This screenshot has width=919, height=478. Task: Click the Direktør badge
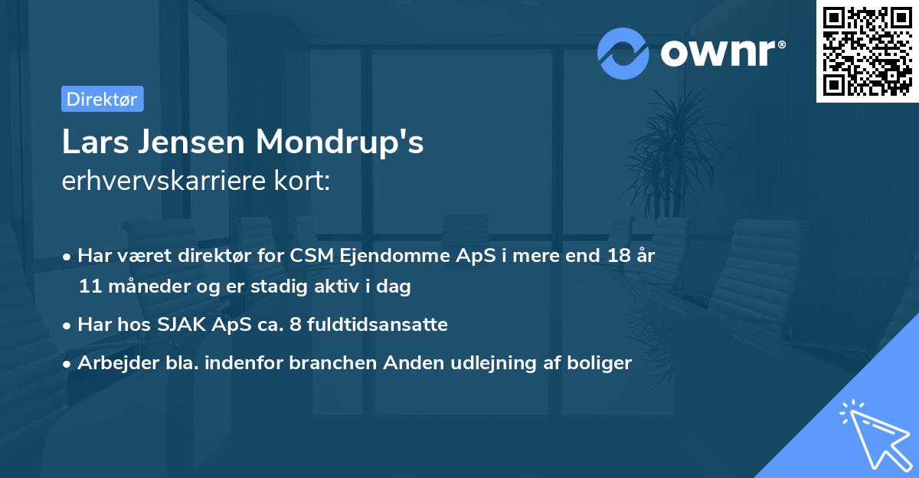[x=102, y=99]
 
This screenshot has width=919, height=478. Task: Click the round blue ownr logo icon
[x=623, y=54]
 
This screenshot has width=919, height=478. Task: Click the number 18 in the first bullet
[x=615, y=256]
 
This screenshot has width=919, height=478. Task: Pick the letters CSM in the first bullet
[x=310, y=256]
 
